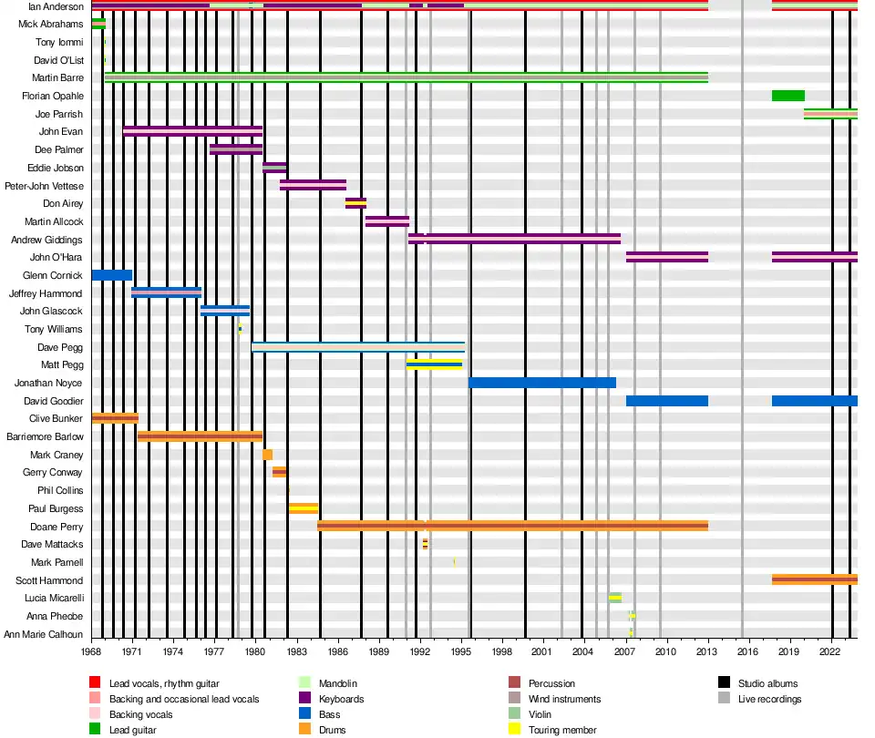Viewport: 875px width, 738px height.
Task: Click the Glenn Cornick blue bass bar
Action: (x=111, y=275)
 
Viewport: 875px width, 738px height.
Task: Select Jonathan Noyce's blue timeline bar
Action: (x=542, y=383)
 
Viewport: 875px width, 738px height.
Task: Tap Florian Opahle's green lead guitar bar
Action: (x=787, y=96)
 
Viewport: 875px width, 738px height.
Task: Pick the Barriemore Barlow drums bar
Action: (x=200, y=436)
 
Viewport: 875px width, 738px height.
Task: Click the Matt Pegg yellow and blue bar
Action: (x=434, y=364)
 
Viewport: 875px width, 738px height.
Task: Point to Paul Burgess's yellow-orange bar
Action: (x=304, y=508)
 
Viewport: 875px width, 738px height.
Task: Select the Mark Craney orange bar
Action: (x=267, y=455)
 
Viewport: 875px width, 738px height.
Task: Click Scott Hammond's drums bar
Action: (x=814, y=579)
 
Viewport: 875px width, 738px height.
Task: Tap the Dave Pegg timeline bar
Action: (x=357, y=347)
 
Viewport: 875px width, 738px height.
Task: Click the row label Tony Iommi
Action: (x=58, y=43)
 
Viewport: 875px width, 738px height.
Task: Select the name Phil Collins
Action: (x=60, y=491)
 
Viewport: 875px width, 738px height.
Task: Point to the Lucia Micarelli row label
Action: (x=54, y=599)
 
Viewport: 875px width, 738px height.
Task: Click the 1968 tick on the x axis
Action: (x=91, y=652)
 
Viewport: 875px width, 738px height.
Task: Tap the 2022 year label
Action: (x=829, y=652)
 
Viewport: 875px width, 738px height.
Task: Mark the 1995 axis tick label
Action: (x=461, y=652)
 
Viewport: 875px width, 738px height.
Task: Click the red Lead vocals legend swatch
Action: (x=94, y=683)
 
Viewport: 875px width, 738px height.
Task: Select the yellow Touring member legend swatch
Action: (x=513, y=730)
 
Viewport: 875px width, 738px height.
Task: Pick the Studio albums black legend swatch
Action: (x=725, y=683)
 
